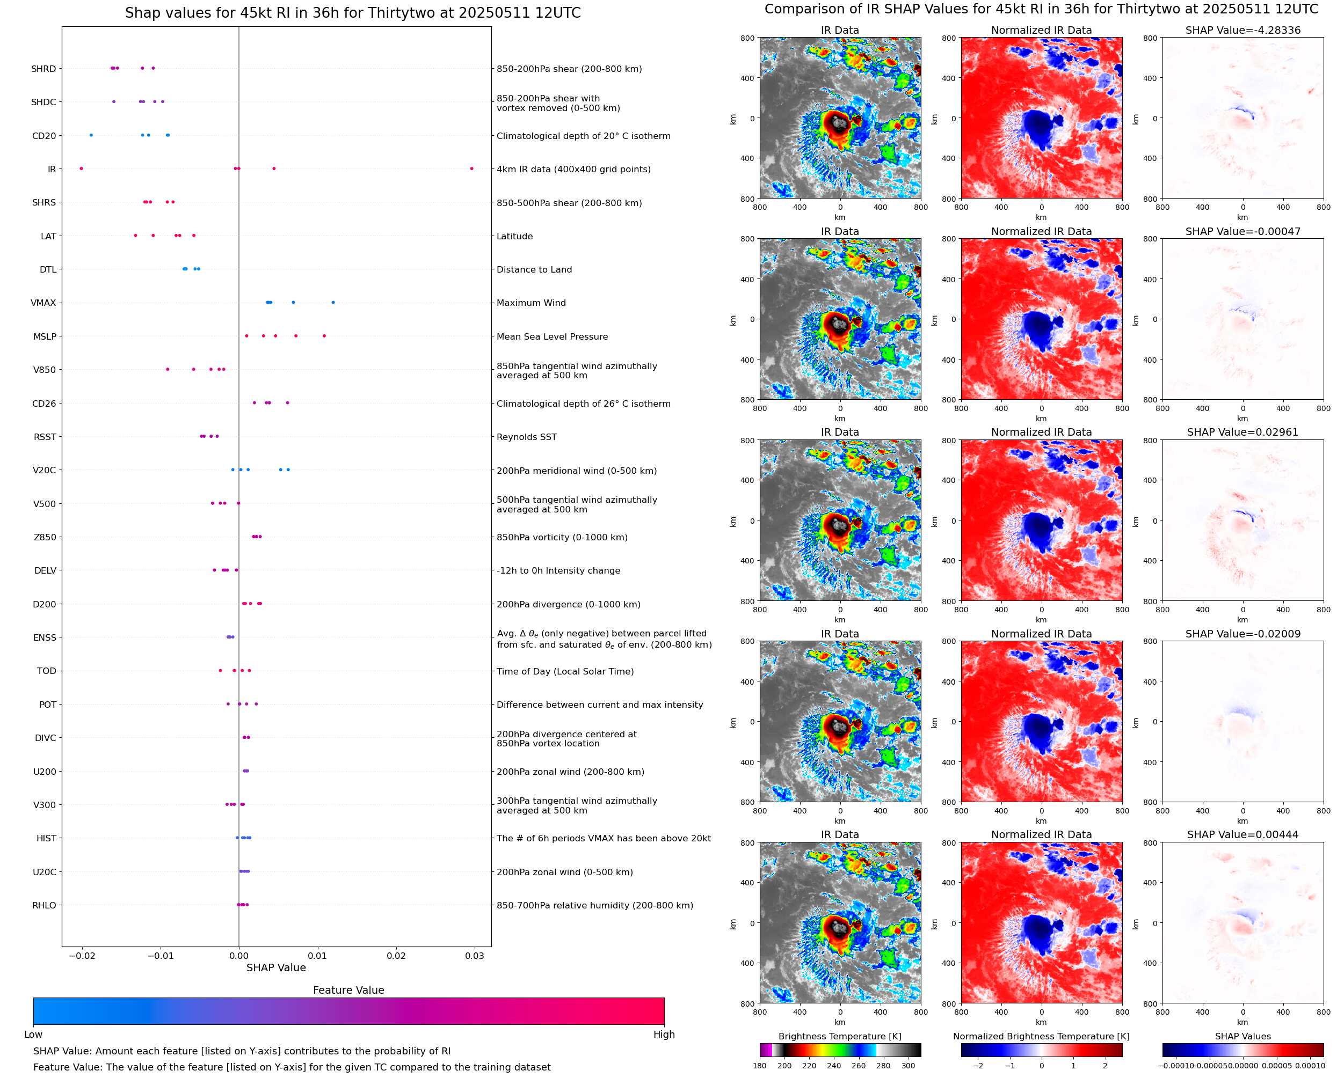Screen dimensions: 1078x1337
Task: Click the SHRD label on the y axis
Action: [43, 69]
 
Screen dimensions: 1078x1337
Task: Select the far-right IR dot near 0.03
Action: [471, 169]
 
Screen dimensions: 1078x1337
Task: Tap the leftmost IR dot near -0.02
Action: [82, 169]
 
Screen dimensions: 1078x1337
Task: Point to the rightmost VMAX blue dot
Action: [333, 303]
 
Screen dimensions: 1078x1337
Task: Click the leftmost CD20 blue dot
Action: [91, 135]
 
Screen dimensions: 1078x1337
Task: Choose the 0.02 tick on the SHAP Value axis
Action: [396, 956]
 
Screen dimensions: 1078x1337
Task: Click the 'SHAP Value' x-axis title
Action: [276, 967]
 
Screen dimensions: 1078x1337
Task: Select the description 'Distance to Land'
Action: [534, 269]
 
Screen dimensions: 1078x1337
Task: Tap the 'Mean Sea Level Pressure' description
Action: [551, 336]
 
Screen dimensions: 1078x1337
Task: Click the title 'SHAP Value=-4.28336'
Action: [1242, 31]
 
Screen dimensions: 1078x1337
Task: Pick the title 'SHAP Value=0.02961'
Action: [1242, 432]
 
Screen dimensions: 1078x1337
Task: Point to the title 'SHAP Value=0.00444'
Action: [1242, 834]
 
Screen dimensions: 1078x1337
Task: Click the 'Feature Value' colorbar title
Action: [348, 990]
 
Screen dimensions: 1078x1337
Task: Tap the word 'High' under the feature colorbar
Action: [664, 1035]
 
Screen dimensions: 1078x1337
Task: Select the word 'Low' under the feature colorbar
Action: [33, 1035]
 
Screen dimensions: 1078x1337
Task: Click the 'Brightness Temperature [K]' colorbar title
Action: [839, 1036]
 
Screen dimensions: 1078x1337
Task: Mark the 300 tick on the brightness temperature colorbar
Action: [909, 1066]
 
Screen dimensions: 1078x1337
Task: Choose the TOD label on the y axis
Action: [47, 671]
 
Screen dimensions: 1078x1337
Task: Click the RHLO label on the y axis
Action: [44, 905]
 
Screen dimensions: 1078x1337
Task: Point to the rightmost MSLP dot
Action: [324, 336]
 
